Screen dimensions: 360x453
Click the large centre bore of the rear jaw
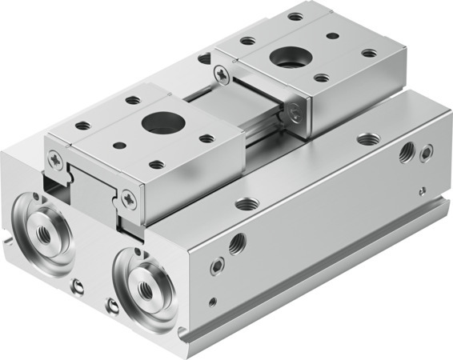tap(286, 58)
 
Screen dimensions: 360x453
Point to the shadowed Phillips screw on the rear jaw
tap(297, 113)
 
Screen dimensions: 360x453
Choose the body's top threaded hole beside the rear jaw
tap(367, 139)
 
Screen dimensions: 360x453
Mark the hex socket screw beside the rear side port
tap(427, 150)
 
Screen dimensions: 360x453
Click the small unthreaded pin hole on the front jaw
tap(119, 146)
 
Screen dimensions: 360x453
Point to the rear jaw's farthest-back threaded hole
tap(295, 16)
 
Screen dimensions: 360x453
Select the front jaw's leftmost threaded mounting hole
tap(82, 126)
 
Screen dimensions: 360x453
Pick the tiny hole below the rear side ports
tap(422, 190)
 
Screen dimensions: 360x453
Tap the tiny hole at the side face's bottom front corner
tap(211, 302)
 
